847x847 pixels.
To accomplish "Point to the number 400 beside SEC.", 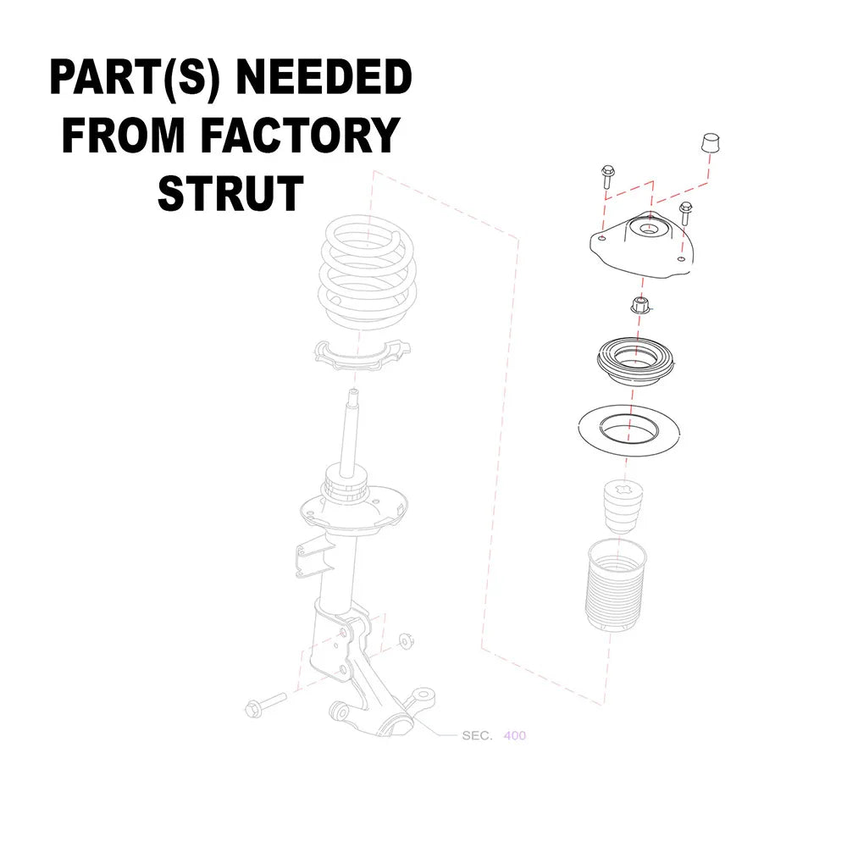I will (x=514, y=735).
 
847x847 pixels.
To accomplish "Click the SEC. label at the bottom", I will (x=477, y=735).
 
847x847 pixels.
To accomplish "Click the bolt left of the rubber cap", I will (x=607, y=176).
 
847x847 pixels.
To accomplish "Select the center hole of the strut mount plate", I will (x=649, y=230).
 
